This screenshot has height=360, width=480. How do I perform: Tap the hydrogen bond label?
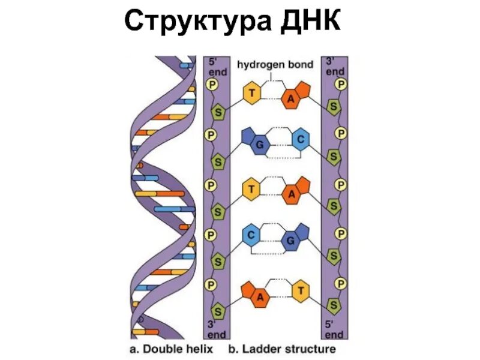(275, 64)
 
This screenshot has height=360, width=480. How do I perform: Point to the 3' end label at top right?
(334, 66)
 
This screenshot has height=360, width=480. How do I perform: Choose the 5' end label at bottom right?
(334, 328)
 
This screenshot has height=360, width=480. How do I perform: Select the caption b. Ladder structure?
(282, 348)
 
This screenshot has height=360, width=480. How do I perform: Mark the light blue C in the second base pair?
(300, 140)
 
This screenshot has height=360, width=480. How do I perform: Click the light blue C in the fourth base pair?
(251, 235)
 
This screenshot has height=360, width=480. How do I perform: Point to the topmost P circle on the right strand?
(340, 84)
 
